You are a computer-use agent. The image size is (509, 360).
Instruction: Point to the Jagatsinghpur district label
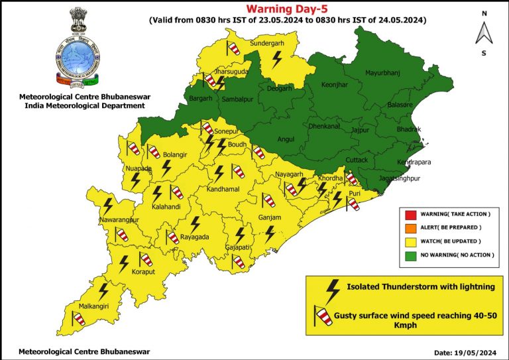pos(400,179)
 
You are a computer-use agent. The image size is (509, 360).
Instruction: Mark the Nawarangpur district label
pos(119,219)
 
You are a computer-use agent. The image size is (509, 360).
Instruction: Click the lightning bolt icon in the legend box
pos(329,288)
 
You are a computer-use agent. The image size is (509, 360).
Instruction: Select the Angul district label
pos(285,139)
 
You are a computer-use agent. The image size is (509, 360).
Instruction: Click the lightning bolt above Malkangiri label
pos(103,290)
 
